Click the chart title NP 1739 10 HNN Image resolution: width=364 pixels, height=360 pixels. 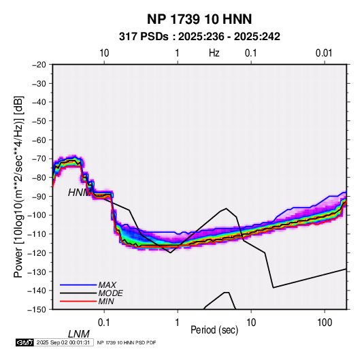point(199,19)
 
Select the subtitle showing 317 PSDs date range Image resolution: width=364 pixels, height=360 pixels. point(199,37)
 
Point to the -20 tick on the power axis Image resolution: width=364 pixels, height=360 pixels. point(39,65)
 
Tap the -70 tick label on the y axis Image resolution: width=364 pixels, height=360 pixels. point(39,159)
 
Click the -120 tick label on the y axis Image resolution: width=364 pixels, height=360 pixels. point(37,252)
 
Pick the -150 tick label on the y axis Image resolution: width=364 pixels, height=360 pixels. point(37,310)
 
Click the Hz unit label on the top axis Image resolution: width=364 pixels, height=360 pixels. point(214,53)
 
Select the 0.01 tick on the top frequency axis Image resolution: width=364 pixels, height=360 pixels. point(324,53)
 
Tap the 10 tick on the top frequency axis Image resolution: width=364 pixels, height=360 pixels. point(104,53)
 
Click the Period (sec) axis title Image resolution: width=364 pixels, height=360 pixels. point(214,330)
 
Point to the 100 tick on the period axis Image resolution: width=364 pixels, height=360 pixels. point(325,323)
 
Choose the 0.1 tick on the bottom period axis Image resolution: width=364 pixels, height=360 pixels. point(104,323)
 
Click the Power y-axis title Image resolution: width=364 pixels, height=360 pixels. point(18,186)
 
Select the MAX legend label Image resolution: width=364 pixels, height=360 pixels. point(107,284)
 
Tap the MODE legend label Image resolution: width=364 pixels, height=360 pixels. point(110,293)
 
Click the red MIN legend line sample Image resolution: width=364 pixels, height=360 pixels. point(78,301)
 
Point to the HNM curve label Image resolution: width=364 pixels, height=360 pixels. point(78,193)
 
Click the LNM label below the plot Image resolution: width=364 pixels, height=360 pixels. point(78,334)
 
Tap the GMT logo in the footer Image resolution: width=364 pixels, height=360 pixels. point(24,342)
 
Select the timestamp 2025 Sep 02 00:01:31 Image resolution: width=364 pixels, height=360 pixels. point(63,342)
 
